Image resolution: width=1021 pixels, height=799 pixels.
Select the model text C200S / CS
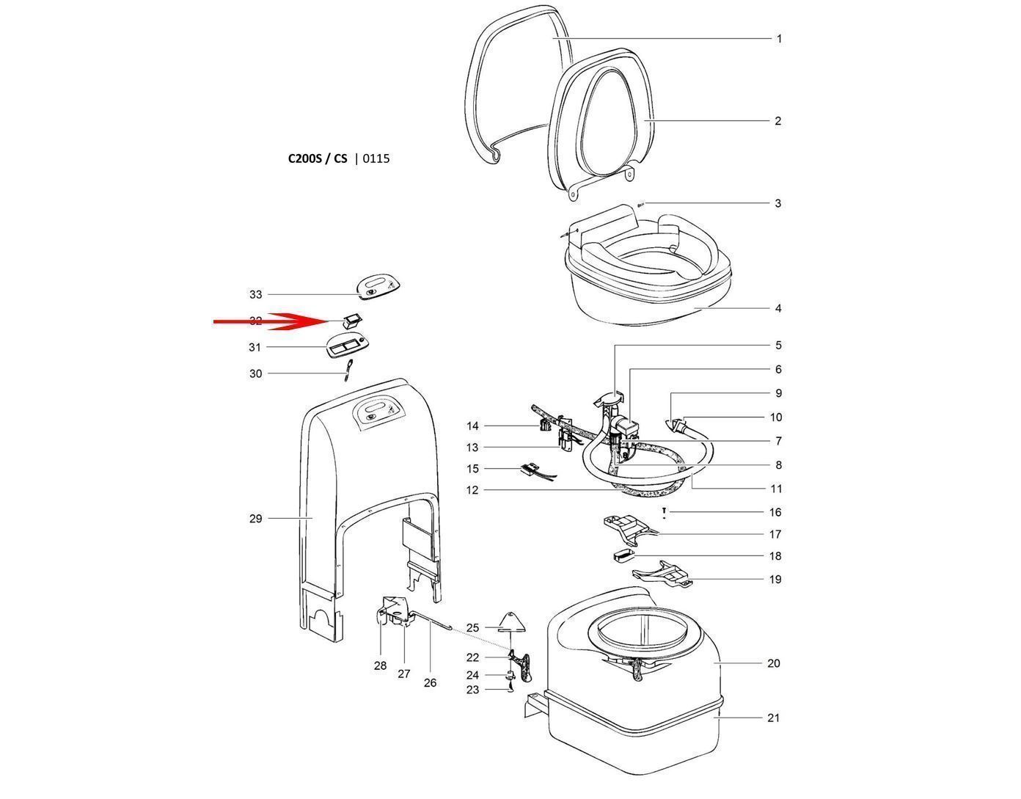point(317,158)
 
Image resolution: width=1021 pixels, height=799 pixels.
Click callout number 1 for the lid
point(779,39)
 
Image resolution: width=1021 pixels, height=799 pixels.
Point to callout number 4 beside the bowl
point(778,308)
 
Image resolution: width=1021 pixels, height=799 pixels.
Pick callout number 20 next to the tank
point(773,663)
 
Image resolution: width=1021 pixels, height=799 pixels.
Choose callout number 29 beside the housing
point(255,519)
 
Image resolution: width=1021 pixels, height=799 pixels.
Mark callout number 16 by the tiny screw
point(775,512)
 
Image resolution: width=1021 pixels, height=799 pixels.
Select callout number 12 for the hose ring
point(472,490)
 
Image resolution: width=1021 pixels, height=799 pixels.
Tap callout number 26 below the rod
point(430,682)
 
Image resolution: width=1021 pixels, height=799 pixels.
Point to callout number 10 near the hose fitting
point(775,417)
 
